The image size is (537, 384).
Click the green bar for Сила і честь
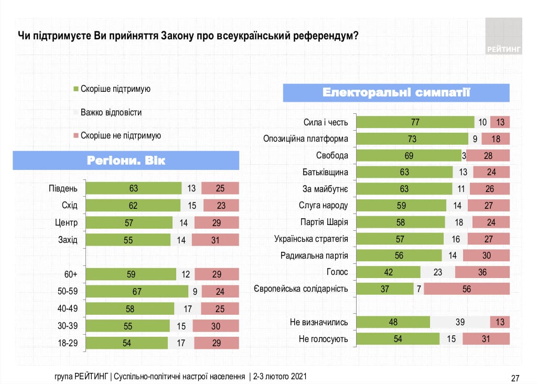414,122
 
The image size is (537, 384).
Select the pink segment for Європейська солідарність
467,289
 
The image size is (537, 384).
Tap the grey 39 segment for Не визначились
460,322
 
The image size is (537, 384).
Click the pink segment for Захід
216,240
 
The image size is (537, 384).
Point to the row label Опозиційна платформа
306,139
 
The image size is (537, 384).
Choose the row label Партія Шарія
324,222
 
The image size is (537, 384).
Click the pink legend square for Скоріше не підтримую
76,135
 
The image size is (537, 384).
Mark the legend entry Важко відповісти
111,112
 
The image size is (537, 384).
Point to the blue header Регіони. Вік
126,160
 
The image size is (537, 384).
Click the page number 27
514,378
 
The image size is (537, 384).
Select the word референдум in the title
314,36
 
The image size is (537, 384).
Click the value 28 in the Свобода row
488,156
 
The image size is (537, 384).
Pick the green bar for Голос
388,272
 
